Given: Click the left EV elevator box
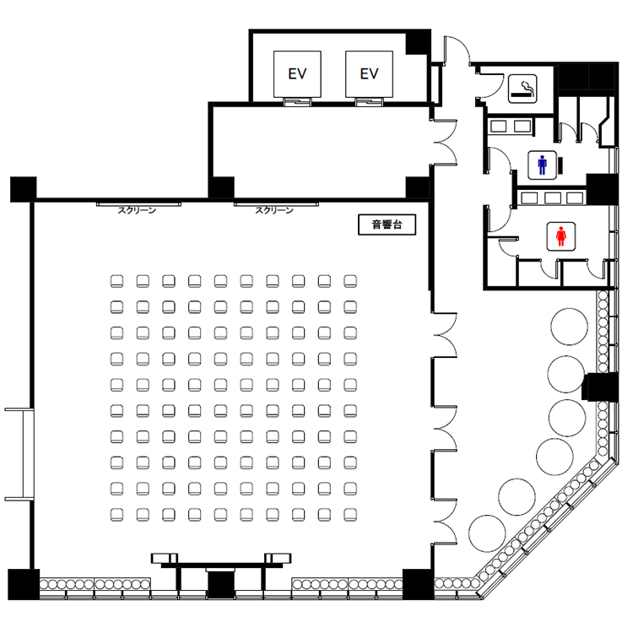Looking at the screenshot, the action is tap(297, 74).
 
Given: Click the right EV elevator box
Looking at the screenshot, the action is tap(369, 74).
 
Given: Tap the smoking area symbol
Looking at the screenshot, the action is tap(522, 89).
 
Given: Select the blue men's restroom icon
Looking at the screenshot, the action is tap(542, 165).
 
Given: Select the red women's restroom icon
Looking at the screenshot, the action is tap(560, 236).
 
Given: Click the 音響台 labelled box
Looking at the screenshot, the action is tap(387, 225).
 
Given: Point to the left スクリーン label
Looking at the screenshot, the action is tap(137, 210).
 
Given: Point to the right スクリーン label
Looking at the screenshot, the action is tap(274, 210).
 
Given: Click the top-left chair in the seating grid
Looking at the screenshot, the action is tap(116, 281).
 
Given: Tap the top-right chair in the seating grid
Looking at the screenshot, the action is tap(350, 281).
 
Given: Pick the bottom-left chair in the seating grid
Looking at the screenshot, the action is tap(116, 515).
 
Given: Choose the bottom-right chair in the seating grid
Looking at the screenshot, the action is tap(350, 515).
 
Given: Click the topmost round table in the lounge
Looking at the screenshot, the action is tap(569, 327).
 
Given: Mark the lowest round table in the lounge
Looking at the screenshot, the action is tap(487, 533).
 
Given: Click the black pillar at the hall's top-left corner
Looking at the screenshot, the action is tap(24, 189).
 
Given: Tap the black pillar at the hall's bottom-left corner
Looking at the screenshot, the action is tap(24, 584).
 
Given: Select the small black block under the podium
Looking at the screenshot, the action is tap(221, 584).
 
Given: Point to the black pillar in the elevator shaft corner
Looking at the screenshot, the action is tap(419, 42).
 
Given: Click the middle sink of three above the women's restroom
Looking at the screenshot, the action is tap(552, 197).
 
